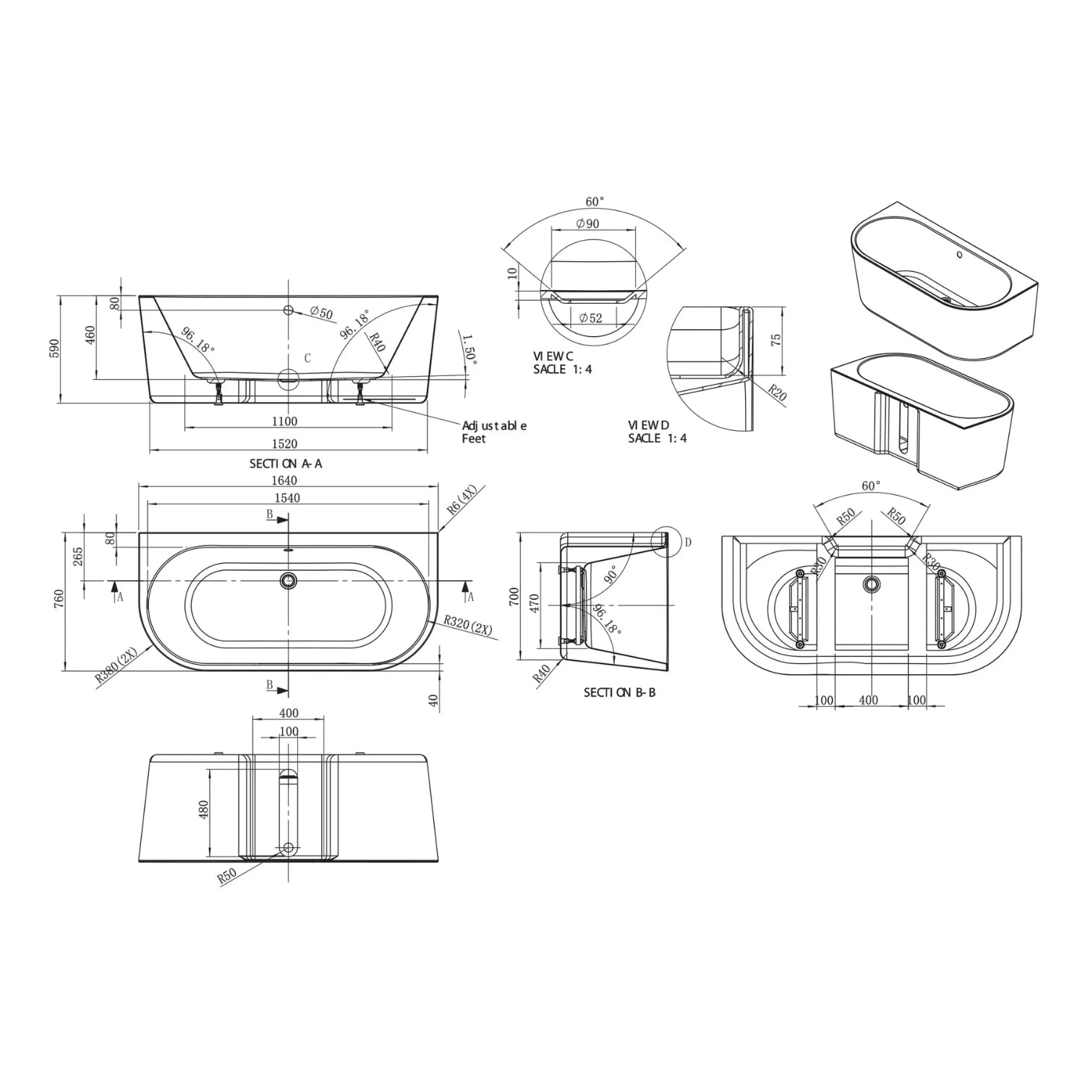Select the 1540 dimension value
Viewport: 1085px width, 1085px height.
coord(287,498)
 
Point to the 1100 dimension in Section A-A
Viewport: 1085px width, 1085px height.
coord(284,421)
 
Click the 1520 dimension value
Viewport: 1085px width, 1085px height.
coord(284,443)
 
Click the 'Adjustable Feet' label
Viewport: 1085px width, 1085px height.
coord(494,432)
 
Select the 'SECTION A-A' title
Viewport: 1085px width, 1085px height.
coord(286,464)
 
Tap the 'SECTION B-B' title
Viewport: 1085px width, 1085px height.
coord(619,692)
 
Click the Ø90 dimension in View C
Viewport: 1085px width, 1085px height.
coord(587,224)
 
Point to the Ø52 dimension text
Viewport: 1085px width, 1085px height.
coord(590,318)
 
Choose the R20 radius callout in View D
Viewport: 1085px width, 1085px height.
coord(776,393)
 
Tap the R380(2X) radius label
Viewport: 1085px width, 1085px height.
coord(116,665)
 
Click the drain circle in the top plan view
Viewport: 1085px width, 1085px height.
coord(289,579)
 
